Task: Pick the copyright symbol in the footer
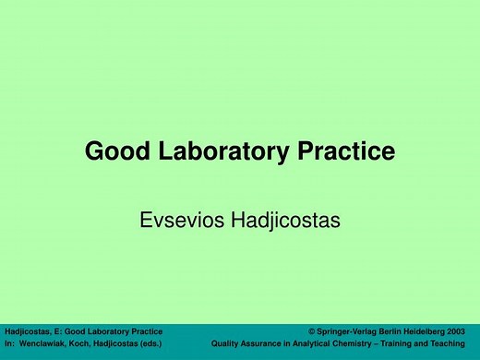[x=312, y=330]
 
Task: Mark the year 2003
[x=464, y=330]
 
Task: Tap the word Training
[x=406, y=344]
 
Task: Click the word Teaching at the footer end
[x=458, y=344]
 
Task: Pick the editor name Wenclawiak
[x=45, y=344]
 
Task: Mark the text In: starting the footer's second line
[x=9, y=344]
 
